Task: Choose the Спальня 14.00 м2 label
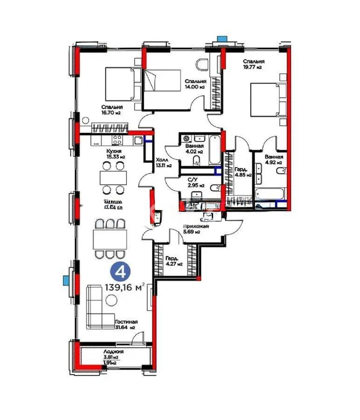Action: coord(194,84)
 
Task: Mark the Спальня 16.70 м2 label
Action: coord(113,110)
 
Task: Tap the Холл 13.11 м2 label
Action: coord(163,162)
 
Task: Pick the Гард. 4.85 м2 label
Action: coord(242,172)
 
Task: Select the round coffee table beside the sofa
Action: coord(111,301)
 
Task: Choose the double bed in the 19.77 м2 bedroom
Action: coord(266,99)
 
